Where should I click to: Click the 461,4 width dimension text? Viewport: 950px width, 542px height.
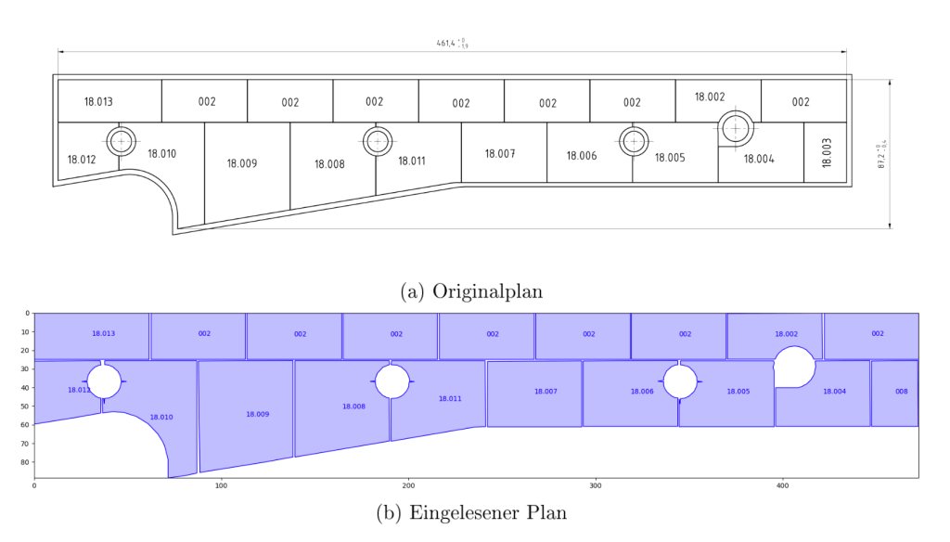[451, 43]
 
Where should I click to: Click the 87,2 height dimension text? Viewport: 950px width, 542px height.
[880, 155]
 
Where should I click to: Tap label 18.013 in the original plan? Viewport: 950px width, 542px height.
[98, 102]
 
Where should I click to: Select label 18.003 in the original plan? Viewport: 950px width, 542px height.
[826, 152]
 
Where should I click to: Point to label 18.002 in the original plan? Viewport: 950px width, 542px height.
[710, 97]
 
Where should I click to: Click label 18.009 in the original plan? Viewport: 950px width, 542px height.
[242, 163]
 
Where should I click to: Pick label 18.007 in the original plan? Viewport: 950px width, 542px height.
[500, 153]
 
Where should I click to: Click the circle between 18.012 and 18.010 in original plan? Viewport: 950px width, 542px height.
[121, 142]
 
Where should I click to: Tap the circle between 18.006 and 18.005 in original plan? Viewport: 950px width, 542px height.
[634, 142]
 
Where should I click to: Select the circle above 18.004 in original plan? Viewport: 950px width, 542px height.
[736, 128]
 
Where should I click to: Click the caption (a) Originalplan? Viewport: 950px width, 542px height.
[471, 290]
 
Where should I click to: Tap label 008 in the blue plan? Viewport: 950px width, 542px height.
[901, 392]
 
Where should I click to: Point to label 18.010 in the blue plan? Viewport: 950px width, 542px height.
[161, 418]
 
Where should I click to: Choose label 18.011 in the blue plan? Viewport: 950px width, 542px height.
[450, 399]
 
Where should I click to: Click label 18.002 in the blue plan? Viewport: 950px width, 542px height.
[786, 334]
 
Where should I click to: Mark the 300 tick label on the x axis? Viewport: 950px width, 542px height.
[596, 485]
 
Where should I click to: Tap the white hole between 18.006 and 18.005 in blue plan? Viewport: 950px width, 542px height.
[680, 381]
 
